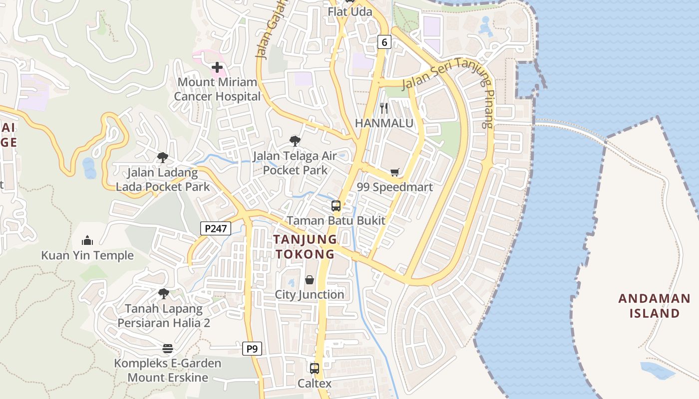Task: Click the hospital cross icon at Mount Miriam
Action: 217,67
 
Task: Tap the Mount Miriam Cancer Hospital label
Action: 217,89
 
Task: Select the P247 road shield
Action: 216,228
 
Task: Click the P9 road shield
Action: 252,348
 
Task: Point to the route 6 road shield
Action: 383,42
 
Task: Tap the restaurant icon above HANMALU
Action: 384,108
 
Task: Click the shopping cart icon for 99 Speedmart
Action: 395,173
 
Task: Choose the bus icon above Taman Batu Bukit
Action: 336,205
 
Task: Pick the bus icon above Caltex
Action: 315,369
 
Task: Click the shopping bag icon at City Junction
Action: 310,280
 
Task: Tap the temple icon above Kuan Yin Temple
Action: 87,241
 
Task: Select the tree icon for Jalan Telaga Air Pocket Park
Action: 295,141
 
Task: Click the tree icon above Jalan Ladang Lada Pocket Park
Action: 162,158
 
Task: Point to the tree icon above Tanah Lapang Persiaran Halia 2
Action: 163,294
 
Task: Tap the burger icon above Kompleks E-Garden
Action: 167,348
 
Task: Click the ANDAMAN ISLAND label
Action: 655,306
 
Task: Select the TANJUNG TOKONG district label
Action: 305,246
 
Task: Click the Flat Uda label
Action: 350,11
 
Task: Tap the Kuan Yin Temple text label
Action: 87,255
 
